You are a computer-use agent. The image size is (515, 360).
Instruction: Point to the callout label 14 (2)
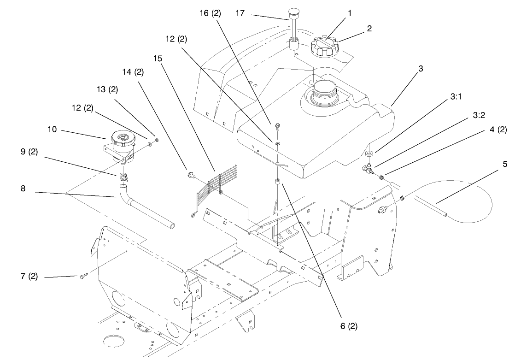tap(133, 72)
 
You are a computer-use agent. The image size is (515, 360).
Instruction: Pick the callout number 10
tap(53, 130)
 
